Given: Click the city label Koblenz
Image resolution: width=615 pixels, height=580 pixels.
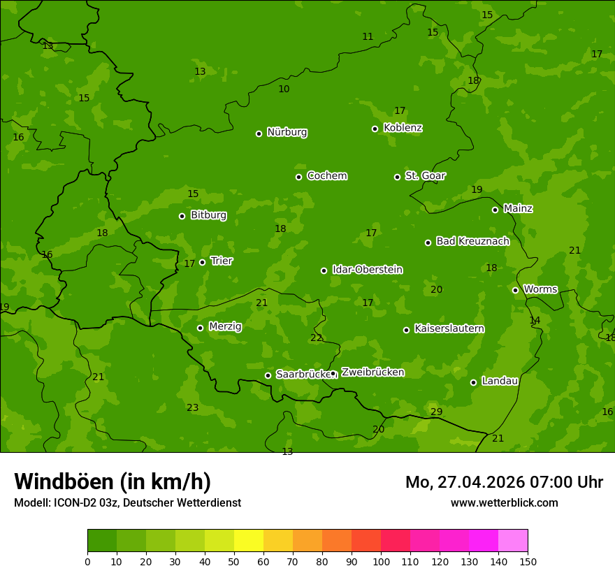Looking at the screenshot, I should [403, 128].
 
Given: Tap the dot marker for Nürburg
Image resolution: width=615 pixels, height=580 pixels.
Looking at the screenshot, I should [259, 133].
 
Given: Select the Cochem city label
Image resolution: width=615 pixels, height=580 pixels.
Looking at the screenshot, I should [326, 175].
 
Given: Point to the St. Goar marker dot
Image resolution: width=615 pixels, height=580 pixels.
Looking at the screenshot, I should [397, 177].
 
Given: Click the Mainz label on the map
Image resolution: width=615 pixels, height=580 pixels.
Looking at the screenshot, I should [518, 208].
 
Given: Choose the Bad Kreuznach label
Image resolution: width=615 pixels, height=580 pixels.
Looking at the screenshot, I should [472, 241].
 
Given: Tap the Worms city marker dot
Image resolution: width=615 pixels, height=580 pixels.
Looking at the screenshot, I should [515, 290].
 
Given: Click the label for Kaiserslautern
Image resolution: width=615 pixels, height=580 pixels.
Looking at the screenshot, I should [449, 328].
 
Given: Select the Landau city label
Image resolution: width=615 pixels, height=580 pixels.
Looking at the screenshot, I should [500, 381].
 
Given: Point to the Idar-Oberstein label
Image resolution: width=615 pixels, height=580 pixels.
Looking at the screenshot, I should [368, 269].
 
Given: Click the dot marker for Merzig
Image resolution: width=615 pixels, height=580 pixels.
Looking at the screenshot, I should [200, 328].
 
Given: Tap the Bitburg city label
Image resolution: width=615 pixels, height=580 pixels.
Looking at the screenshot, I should [208, 215].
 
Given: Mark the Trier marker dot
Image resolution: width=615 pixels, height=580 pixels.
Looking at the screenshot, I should [203, 262].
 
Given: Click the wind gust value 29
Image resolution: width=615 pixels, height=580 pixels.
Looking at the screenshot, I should [436, 412].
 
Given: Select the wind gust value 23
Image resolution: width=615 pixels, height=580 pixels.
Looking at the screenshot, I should [192, 407].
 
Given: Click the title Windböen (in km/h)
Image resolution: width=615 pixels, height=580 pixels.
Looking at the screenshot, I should [113, 481].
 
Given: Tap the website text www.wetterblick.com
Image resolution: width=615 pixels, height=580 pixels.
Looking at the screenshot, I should [504, 502].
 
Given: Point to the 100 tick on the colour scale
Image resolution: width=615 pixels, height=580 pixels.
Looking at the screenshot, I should [381, 561].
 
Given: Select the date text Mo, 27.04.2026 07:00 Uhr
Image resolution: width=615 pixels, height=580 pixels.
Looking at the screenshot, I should [504, 482].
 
